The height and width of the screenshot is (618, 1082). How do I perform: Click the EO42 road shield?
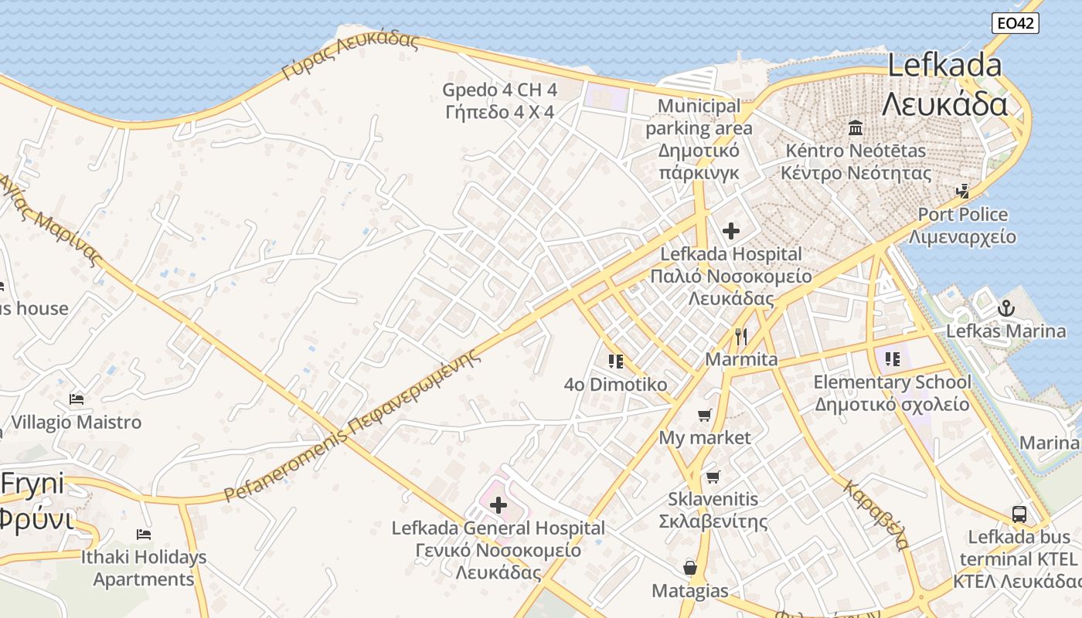(x=1015, y=23)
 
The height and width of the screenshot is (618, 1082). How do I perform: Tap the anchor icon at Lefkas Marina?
(x=1005, y=308)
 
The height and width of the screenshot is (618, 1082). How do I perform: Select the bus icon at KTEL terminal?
(x=1019, y=514)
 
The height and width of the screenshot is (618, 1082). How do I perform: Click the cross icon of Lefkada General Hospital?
(x=498, y=505)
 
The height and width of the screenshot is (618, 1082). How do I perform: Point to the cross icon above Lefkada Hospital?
(x=730, y=230)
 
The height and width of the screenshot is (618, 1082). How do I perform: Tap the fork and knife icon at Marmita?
(x=741, y=337)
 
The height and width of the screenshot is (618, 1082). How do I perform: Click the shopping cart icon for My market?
(x=704, y=416)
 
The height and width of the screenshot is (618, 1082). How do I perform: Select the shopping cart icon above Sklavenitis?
(x=712, y=477)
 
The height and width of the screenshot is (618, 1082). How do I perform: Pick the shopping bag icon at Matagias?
(x=690, y=569)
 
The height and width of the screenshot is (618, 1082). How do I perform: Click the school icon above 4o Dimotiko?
(x=615, y=361)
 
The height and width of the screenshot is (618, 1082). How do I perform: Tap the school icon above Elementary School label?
(x=893, y=358)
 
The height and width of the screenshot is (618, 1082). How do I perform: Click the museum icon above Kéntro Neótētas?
(x=856, y=127)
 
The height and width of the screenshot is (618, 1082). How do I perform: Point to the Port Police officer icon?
(x=962, y=191)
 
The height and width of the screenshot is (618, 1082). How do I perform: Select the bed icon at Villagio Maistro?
(x=76, y=399)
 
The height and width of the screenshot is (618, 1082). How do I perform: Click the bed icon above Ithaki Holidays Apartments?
(x=143, y=534)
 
